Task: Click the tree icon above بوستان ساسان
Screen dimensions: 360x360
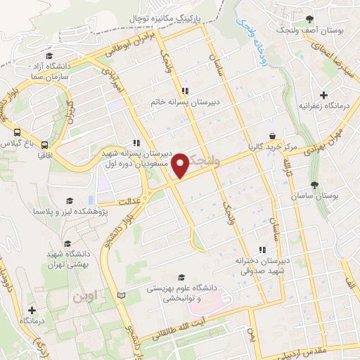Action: tap(314, 186)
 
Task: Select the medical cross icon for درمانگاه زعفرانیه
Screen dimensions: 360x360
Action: tap(323, 95)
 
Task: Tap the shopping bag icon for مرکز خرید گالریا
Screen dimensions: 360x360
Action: tap(272, 136)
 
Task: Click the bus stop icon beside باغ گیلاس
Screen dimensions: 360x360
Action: tap(16, 131)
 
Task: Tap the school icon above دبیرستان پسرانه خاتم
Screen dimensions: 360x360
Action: tap(185, 91)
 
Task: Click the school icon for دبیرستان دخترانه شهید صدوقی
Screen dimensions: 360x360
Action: tap(262, 250)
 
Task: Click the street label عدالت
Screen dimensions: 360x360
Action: tap(131, 201)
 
